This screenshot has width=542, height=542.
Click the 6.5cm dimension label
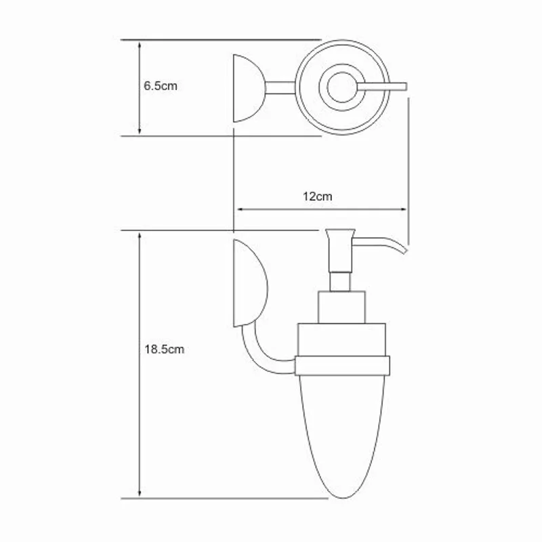[x=161, y=87]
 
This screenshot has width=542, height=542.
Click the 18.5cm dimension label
[x=164, y=350]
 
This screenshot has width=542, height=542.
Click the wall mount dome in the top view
[x=248, y=87]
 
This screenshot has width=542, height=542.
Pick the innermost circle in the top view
[x=341, y=87]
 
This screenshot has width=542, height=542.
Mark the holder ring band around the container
[x=343, y=366]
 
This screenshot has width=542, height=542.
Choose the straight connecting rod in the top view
[x=280, y=87]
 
